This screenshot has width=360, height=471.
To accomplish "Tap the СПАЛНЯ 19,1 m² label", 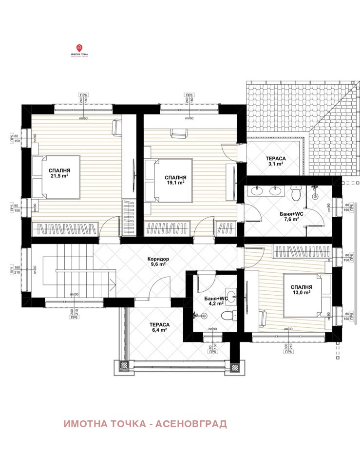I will (174, 180).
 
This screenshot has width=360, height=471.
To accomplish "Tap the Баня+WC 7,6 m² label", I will (292, 216).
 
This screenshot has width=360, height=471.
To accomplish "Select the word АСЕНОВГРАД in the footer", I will (191, 424).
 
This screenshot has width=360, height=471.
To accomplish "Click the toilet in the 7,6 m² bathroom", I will (295, 193).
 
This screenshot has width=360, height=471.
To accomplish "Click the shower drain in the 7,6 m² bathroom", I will (315, 196).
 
